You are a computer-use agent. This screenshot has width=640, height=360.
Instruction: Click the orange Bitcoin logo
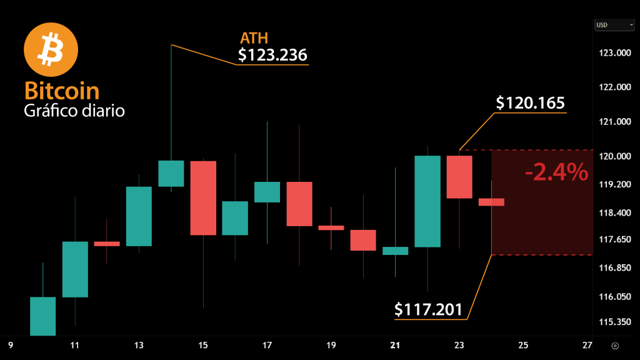[x=50, y=51]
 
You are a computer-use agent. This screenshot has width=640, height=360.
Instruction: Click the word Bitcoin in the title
[x=62, y=91]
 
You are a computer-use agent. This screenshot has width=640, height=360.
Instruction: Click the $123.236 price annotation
[x=272, y=56]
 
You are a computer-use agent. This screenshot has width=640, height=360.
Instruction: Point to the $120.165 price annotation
[x=530, y=103]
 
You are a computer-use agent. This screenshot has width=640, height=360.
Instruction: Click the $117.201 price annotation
[x=429, y=309]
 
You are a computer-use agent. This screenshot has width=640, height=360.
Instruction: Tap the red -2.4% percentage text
[x=556, y=172]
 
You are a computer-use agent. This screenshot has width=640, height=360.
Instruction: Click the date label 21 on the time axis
[x=395, y=345]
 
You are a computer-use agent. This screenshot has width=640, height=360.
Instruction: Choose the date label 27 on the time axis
[x=587, y=345]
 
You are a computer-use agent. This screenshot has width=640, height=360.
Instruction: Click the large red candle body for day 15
[x=203, y=197]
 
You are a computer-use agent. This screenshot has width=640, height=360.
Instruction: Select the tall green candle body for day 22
[x=427, y=201]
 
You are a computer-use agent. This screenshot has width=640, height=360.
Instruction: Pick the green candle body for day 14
[x=171, y=173]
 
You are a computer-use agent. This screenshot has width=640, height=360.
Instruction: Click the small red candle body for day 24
[x=491, y=202]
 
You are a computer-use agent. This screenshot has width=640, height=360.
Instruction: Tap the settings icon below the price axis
[x=615, y=346]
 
